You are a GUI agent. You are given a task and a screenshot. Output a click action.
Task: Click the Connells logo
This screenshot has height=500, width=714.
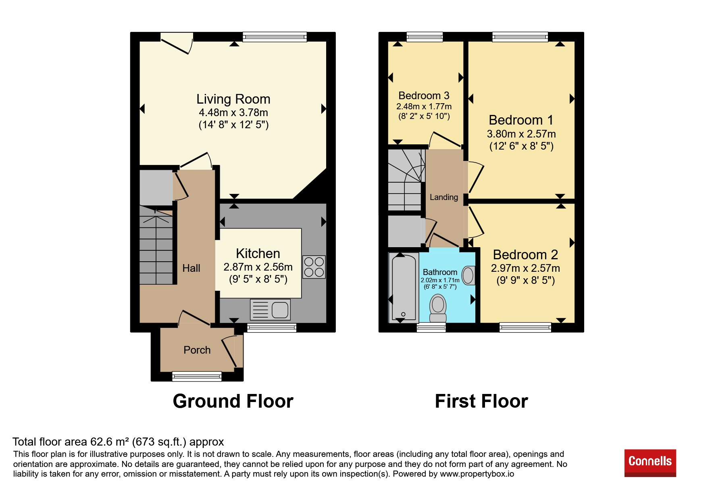point(650,463)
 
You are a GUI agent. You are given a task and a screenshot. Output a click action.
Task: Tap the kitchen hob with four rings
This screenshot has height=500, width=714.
point(314,267)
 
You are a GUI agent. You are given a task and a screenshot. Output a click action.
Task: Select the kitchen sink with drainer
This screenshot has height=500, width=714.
point(270,309)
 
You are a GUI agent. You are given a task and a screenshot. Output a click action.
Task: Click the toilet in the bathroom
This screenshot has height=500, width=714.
point(438,308)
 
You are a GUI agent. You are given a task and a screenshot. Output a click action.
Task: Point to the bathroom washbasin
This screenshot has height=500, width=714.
point(468,275)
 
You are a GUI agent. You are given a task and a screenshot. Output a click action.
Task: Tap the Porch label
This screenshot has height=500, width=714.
point(197,350)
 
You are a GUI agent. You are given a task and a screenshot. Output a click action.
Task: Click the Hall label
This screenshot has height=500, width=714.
point(191,268)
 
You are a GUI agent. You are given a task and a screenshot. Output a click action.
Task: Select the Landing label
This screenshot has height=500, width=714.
point(444,197)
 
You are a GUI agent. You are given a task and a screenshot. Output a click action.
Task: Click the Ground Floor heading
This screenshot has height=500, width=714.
point(233,401)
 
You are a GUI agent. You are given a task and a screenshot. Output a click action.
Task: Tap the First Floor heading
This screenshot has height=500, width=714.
point(481,401)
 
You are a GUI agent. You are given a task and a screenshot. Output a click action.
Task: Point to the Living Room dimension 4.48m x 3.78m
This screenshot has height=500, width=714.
point(233,112)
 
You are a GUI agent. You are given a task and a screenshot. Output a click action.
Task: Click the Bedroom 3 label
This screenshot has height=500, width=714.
point(424,96)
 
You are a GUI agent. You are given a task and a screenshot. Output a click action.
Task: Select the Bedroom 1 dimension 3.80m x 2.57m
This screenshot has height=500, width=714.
point(521,134)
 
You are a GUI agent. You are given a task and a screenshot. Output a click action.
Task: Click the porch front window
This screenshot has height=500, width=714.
point(197,377)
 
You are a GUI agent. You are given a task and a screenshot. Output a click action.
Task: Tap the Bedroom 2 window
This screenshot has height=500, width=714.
point(525,327)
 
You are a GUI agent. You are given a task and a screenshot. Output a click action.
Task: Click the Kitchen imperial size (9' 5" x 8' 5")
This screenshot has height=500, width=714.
point(258,279)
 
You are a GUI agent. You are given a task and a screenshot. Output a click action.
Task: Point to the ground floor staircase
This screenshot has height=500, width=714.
point(156,245)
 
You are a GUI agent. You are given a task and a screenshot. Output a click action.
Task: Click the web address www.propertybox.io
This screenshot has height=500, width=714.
point(477,474)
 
